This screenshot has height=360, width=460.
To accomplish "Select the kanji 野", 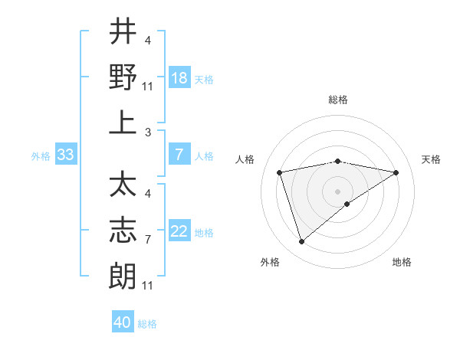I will [x=123, y=77].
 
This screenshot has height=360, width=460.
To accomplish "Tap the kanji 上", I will [x=123, y=122].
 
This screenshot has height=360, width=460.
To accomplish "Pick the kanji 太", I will [x=123, y=185].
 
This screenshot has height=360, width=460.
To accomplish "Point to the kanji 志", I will [x=123, y=230].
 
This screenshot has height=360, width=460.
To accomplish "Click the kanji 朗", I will [x=123, y=275].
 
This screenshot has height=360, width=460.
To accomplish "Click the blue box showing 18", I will [x=179, y=77].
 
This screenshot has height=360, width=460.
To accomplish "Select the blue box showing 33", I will [x=65, y=155].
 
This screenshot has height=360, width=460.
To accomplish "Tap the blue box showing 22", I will [x=179, y=231].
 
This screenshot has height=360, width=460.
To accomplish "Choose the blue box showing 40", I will [x=123, y=322].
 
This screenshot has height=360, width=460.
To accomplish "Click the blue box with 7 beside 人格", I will [x=179, y=155].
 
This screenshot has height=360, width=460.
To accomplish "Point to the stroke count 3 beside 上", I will [x=147, y=133].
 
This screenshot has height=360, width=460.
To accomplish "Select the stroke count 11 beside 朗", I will [x=149, y=286].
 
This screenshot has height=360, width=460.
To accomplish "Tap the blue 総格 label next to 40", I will [x=147, y=324].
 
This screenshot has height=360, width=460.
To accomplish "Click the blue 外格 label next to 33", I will [x=41, y=156].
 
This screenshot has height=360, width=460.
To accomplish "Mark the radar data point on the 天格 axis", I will [x=396, y=173].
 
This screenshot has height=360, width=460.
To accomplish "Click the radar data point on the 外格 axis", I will [x=301, y=242].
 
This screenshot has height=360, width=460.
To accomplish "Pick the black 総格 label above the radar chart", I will [x=338, y=100].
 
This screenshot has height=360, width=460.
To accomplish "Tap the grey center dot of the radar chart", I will [x=338, y=190].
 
